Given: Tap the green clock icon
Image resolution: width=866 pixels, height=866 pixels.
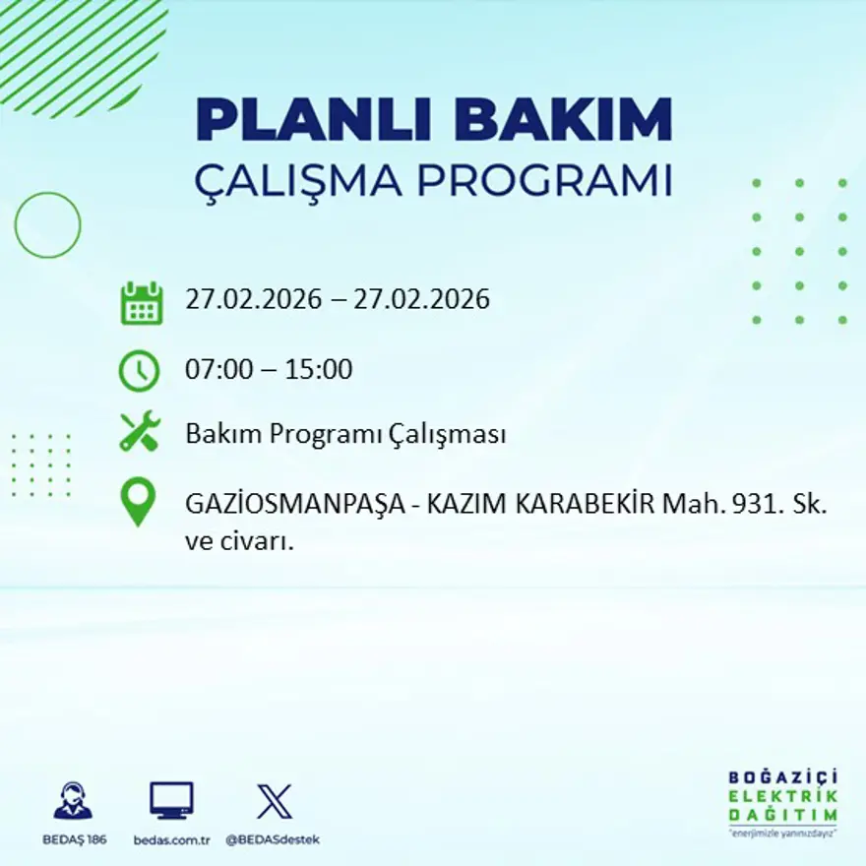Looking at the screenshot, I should (139, 371).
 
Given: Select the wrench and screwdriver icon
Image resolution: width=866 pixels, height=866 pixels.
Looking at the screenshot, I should (140, 432).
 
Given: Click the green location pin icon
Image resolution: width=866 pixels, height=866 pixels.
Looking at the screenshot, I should (138, 501).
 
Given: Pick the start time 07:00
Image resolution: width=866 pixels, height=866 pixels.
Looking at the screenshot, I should (218, 370).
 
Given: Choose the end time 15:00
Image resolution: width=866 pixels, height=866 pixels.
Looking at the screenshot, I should (319, 370).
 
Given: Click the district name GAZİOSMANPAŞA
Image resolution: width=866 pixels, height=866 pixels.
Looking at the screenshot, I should (290, 504).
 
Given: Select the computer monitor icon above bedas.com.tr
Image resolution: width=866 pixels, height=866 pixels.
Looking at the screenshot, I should (171, 800).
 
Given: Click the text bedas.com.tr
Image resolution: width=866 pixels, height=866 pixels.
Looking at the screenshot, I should (172, 839).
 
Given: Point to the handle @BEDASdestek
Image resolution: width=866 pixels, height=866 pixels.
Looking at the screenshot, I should (273, 839).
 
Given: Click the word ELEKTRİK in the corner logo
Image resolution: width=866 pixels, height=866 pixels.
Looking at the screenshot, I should (783, 796).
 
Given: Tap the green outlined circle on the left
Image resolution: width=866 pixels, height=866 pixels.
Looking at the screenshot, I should (47, 225).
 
